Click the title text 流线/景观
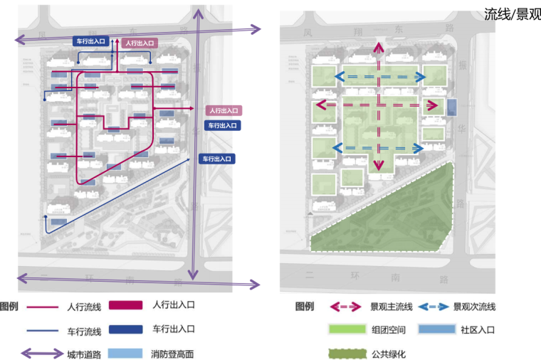click(512, 15)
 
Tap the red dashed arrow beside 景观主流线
click(346, 307)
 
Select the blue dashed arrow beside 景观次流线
click(434, 307)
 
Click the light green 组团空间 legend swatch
click(346, 330)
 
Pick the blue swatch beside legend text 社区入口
click(434, 330)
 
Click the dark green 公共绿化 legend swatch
click(346, 354)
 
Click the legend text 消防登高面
click(172, 354)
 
